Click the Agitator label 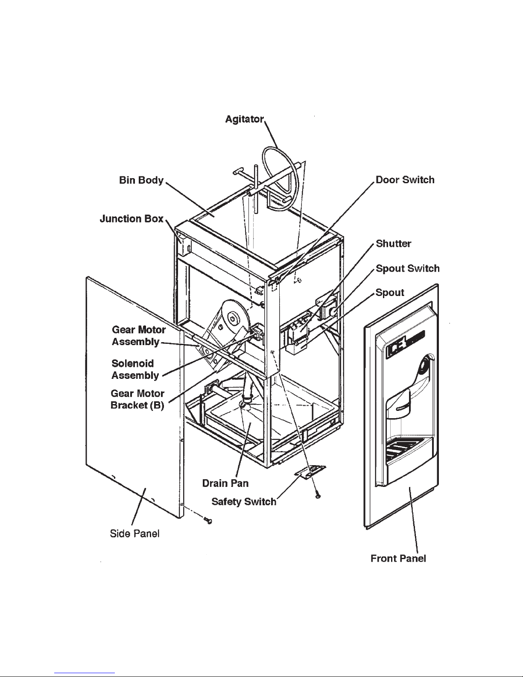pyautogui.click(x=245, y=119)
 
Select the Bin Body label pyautogui.click(x=141, y=180)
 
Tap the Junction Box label pyautogui.click(x=131, y=219)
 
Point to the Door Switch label pyautogui.click(x=405, y=180)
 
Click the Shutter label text pyautogui.click(x=394, y=243)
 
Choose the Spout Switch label pyautogui.click(x=407, y=268)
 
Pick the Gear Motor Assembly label pyautogui.click(x=138, y=336)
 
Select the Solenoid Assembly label pyautogui.click(x=135, y=369)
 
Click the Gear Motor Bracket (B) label pyautogui.click(x=137, y=399)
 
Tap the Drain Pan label pyautogui.click(x=225, y=483)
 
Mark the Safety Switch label pyautogui.click(x=244, y=501)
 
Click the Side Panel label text pyautogui.click(x=134, y=533)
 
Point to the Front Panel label pyautogui.click(x=398, y=558)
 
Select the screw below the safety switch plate pyautogui.click(x=318, y=495)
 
